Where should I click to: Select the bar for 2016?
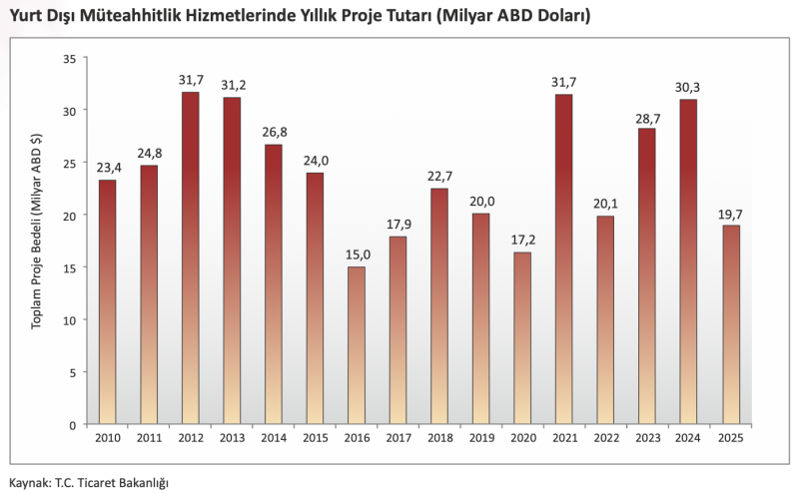(x=357, y=345)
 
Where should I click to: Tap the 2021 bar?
(x=563, y=258)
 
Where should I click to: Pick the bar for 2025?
(x=731, y=324)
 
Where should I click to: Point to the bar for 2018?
(x=439, y=305)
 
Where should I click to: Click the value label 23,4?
(x=108, y=168)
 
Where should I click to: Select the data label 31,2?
(x=232, y=85)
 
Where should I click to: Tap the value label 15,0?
(x=357, y=254)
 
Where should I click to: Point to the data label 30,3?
(x=688, y=87)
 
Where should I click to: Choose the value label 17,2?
(x=522, y=240)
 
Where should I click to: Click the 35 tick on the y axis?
(x=69, y=57)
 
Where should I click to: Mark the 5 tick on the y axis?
(x=72, y=372)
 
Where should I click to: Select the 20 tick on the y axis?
(x=69, y=215)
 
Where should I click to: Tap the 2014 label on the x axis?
(x=273, y=437)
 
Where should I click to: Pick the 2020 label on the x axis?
(x=522, y=437)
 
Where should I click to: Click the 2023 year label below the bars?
(x=647, y=437)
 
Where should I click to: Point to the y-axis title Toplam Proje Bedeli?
(x=37, y=240)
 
